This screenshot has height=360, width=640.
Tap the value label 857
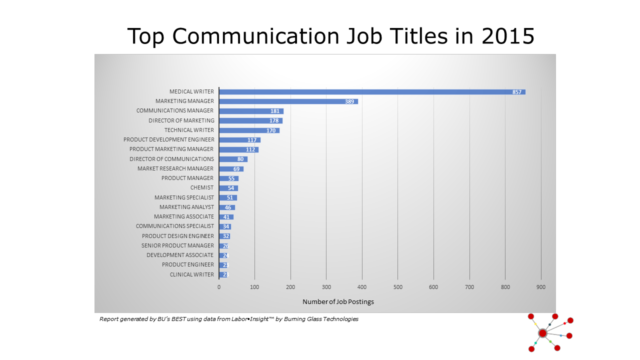[x=517, y=92]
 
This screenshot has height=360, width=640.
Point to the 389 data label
[x=349, y=101]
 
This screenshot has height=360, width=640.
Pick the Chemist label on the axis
[x=202, y=187]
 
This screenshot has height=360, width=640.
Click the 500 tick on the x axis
[x=397, y=287]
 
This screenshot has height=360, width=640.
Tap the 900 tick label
[x=540, y=287]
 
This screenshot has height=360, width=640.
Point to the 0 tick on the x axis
[x=219, y=287]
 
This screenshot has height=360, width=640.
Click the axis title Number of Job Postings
[x=338, y=301]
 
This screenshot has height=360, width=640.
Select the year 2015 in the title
[x=508, y=36]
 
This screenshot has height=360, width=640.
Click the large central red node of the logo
[x=542, y=333]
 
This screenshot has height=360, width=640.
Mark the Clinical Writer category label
[x=192, y=274]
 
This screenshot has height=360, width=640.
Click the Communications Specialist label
[x=175, y=226]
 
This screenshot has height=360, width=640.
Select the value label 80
[x=240, y=159]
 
